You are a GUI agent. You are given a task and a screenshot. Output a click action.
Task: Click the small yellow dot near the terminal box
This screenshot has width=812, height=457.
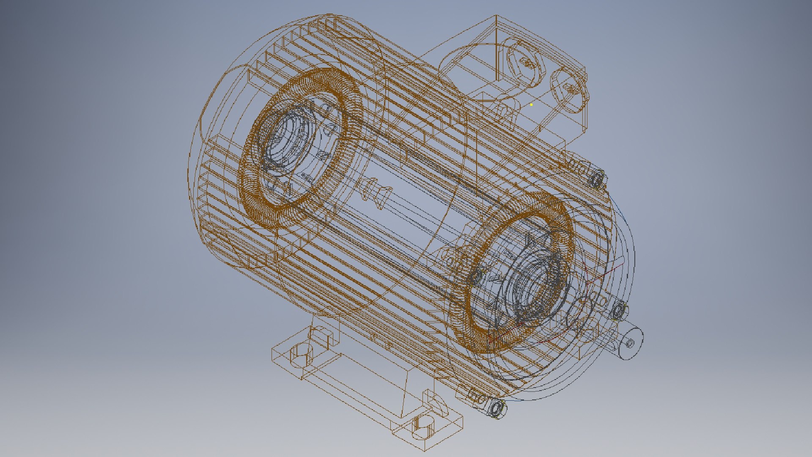click(531, 105)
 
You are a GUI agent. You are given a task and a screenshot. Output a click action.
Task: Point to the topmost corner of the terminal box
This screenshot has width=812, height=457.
click(497, 16)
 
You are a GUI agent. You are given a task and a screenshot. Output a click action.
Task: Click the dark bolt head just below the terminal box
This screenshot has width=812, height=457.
click(597, 179)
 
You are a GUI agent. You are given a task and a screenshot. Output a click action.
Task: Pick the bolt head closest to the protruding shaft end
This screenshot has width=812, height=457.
click(619, 310)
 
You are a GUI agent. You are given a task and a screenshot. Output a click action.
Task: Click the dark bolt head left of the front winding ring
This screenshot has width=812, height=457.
click(476, 277)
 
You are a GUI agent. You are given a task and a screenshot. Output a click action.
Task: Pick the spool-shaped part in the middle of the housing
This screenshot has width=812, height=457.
click(374, 193)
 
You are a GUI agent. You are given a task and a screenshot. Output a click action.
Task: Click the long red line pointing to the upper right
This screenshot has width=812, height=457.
click(605, 271)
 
